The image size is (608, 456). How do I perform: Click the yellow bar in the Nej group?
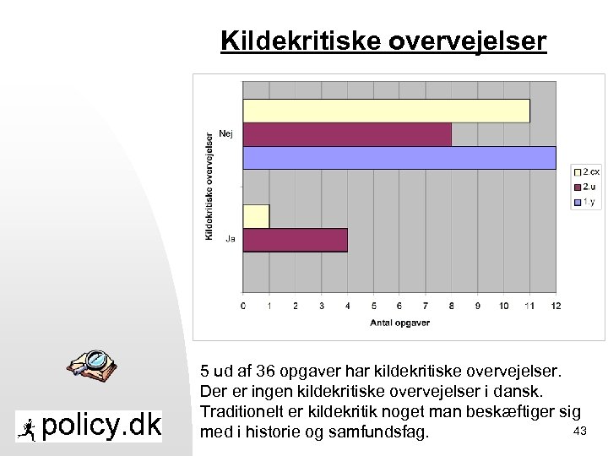386,111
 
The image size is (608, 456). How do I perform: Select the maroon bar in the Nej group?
347,134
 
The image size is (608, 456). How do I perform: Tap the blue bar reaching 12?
399,158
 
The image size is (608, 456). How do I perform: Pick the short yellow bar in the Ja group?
257,216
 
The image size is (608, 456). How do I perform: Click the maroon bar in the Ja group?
296,240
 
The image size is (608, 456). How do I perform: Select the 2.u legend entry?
586,187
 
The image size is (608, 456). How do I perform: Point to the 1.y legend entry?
586,202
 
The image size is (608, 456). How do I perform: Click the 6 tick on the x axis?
400,305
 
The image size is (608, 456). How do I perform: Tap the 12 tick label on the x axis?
556,305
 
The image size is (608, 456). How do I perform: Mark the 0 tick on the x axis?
244,305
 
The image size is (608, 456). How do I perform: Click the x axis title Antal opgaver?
399,323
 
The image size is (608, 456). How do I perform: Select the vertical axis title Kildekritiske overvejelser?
209,185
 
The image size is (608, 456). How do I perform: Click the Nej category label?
226,133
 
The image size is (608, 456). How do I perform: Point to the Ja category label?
230,239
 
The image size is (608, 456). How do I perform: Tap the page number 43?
579,432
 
